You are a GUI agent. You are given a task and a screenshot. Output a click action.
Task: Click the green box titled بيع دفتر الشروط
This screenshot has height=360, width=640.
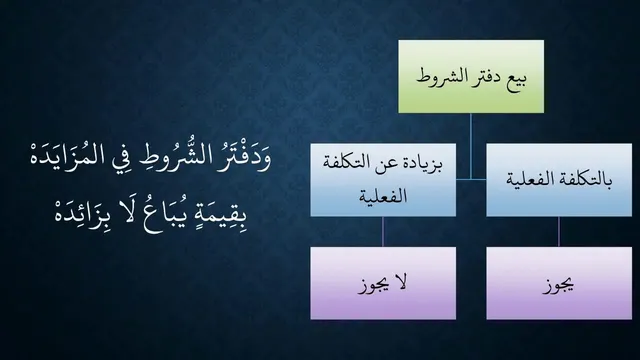(471, 76)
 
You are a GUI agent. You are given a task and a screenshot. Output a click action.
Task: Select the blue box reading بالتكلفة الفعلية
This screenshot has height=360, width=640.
(559, 180)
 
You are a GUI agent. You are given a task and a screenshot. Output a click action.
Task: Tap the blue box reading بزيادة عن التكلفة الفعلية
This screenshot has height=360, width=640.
(383, 180)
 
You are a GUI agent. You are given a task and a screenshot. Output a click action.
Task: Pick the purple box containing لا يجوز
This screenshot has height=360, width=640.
(383, 283)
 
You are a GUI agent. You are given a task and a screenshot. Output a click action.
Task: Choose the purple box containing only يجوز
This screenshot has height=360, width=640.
(559, 283)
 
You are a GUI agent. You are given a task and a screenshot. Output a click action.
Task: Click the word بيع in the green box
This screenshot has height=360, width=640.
(516, 78)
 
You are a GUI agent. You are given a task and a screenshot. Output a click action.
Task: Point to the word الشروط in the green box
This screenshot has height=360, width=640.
(434, 76)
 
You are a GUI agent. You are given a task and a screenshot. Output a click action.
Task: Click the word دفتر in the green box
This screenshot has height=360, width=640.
(479, 77)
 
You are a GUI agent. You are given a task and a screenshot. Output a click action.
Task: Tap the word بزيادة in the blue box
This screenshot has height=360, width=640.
(423, 163)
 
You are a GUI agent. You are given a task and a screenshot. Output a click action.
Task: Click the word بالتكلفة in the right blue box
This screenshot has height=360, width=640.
(589, 180)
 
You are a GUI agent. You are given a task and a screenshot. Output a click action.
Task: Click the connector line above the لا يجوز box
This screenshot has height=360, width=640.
(383, 231)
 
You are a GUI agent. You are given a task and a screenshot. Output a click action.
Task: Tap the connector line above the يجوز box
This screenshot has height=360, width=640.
(559, 231)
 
